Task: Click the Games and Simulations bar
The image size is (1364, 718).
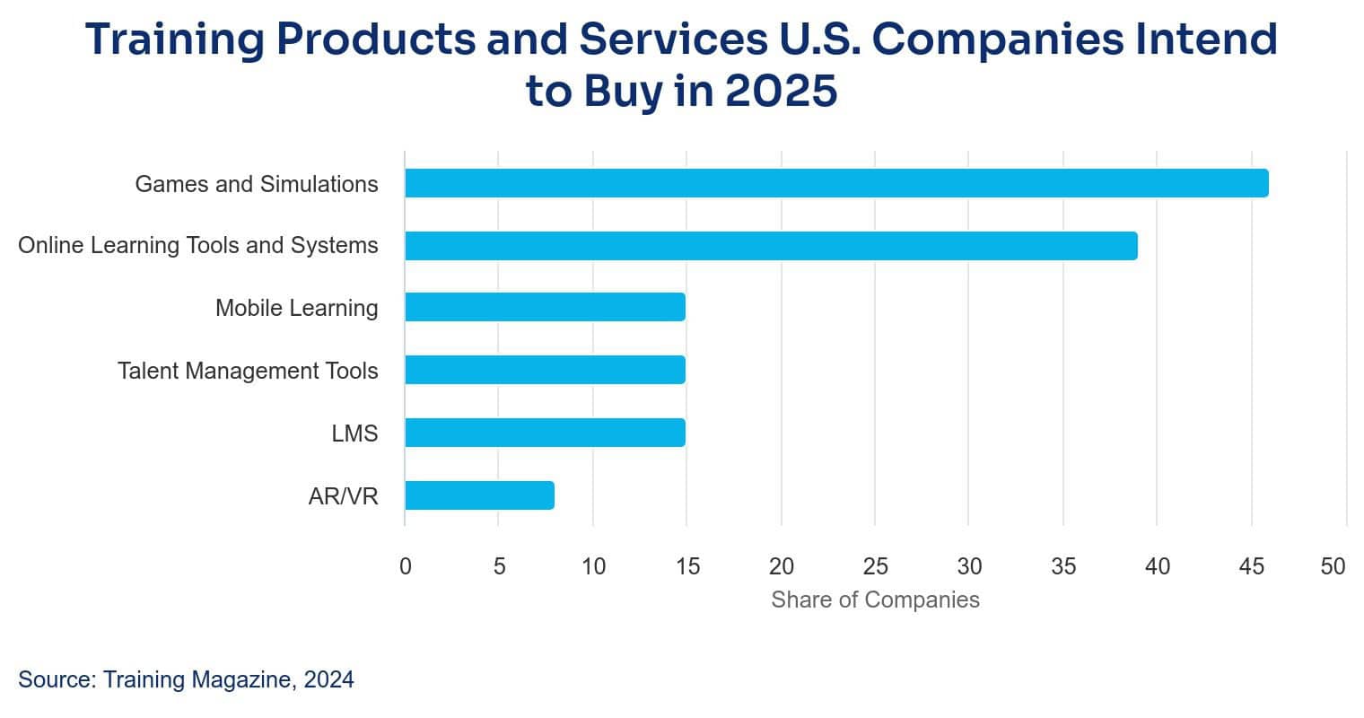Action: (836, 183)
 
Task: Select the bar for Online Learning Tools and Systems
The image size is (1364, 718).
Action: (771, 246)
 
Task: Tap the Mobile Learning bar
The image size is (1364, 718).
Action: (545, 307)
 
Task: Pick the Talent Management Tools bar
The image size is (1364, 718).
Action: (545, 370)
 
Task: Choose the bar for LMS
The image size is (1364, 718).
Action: (545, 433)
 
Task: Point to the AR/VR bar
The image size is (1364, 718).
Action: (479, 495)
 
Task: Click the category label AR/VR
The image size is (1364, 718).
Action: (343, 496)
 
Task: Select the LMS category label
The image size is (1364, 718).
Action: (354, 433)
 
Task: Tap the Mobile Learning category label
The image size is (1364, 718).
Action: (296, 308)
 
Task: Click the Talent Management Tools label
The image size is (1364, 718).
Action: (248, 371)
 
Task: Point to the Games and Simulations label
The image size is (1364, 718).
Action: (257, 184)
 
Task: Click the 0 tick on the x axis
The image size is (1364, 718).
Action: (406, 566)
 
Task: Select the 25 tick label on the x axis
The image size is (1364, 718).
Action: (875, 566)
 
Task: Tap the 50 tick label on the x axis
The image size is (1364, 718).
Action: (1333, 566)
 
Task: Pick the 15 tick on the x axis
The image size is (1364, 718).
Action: (687, 566)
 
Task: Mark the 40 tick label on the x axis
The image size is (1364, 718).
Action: (1157, 566)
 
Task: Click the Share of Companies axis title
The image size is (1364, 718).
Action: (875, 600)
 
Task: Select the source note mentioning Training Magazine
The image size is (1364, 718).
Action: (186, 679)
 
